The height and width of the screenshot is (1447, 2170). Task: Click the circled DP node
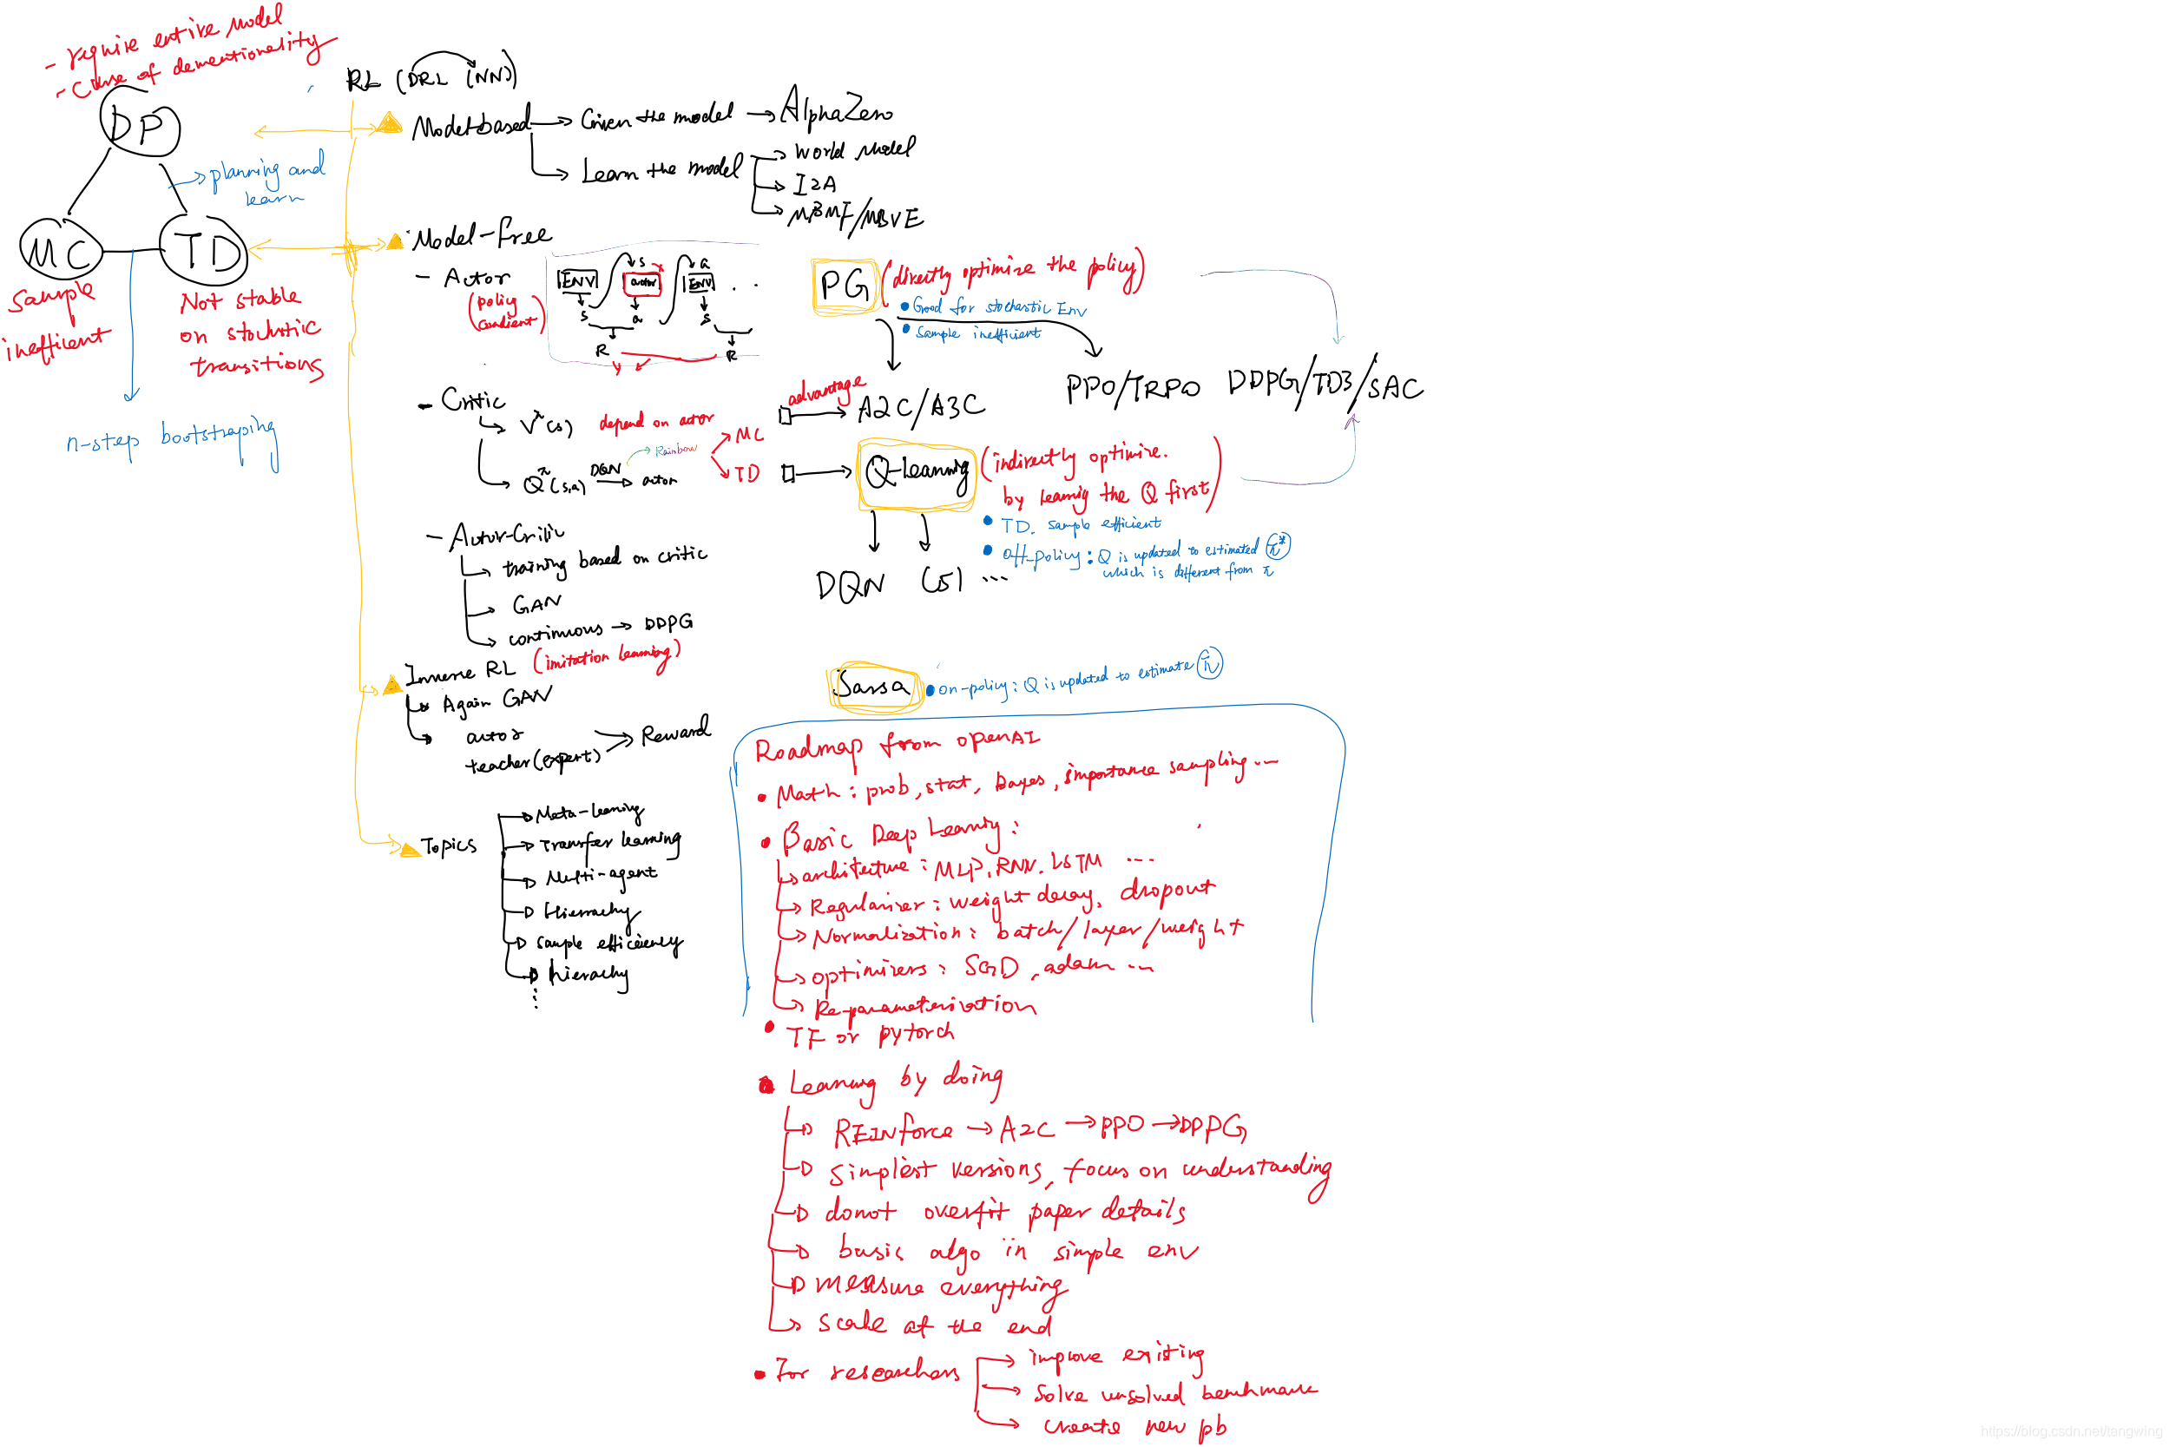tap(141, 127)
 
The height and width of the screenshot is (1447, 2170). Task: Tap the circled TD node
tap(205, 249)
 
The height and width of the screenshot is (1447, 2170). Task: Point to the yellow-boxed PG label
tap(845, 286)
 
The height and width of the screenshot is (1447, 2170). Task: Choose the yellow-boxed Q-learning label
tap(916, 473)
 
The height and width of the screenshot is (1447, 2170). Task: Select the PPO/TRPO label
tap(1133, 389)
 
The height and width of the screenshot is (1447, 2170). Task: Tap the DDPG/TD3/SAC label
tap(1325, 383)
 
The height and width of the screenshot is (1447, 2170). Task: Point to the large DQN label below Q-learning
tap(850, 584)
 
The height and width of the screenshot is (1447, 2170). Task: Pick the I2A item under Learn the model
tap(816, 185)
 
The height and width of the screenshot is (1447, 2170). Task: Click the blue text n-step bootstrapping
tap(172, 439)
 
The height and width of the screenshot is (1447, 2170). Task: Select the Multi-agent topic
tap(601, 875)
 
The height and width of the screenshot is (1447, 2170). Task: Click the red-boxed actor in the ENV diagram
tap(643, 282)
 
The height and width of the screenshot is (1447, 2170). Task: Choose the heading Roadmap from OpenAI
tap(896, 744)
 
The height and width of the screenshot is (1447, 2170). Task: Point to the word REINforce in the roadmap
tap(892, 1130)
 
